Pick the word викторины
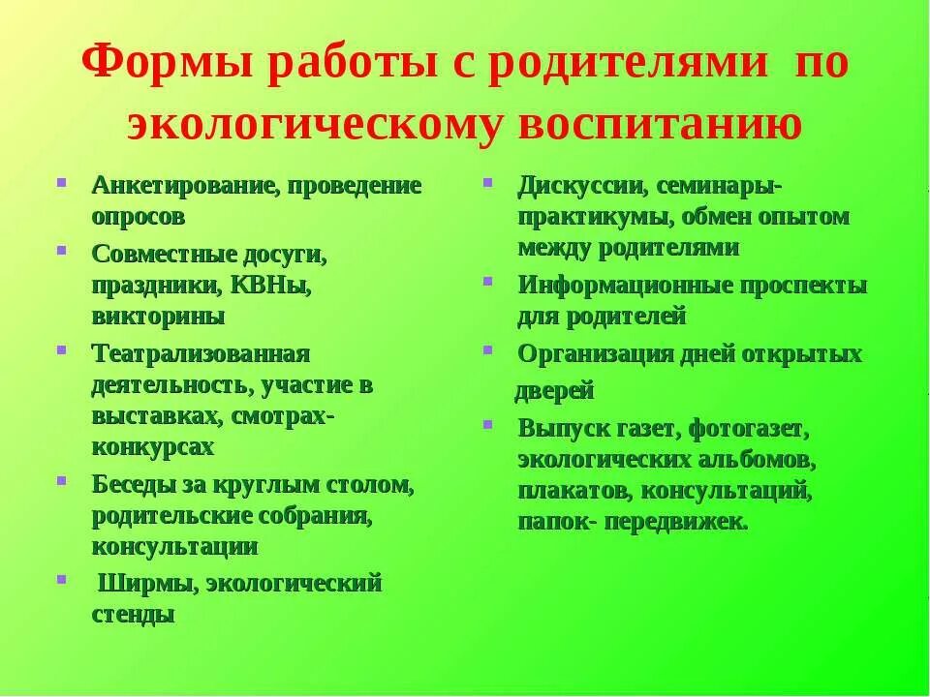(x=159, y=316)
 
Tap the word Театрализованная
(x=201, y=353)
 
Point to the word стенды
(x=134, y=615)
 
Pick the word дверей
(x=554, y=391)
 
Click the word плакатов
(x=573, y=491)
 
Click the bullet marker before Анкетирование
(x=62, y=181)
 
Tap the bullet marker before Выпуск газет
(x=488, y=424)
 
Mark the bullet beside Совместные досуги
(x=62, y=250)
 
